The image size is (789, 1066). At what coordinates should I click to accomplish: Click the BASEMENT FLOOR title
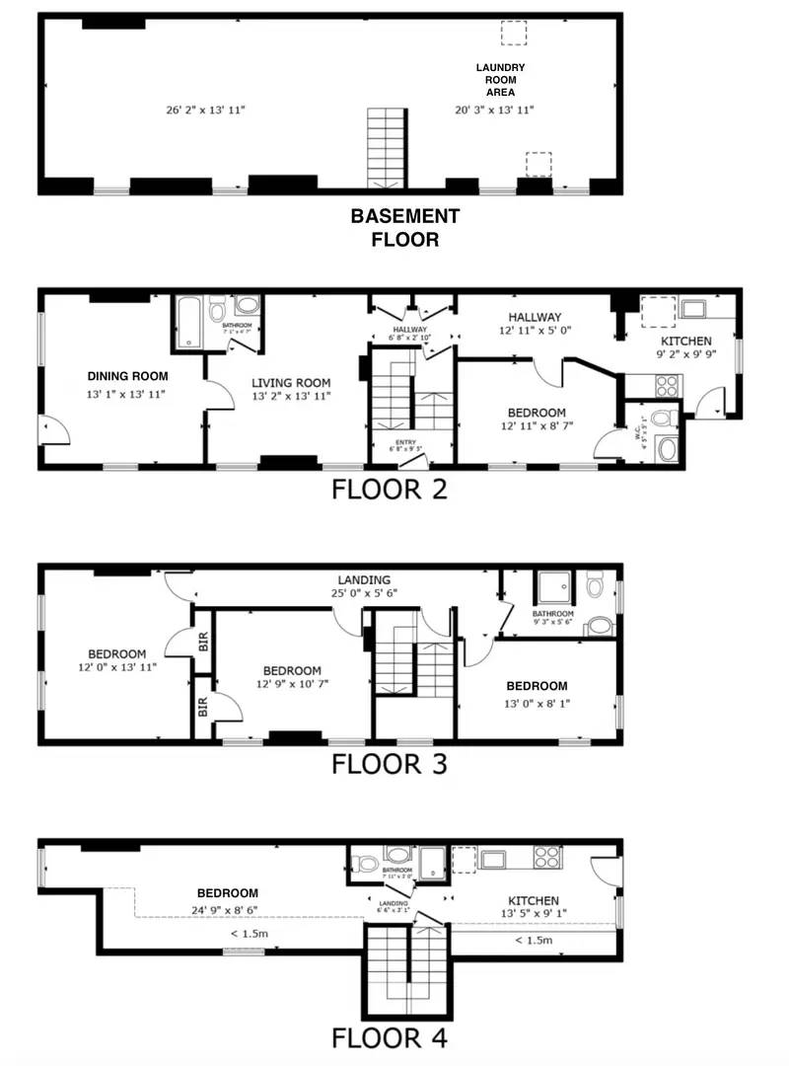pyautogui.click(x=405, y=227)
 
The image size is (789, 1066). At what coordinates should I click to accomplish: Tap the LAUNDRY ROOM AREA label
pyautogui.click(x=500, y=80)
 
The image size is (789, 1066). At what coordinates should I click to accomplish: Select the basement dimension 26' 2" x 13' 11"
pyautogui.click(x=205, y=110)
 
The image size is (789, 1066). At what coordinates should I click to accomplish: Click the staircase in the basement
pyautogui.click(x=386, y=148)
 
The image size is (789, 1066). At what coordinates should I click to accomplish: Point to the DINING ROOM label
pyautogui.click(x=127, y=376)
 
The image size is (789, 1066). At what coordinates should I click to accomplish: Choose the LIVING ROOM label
pyautogui.click(x=290, y=383)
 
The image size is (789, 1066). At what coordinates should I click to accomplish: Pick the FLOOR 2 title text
pyautogui.click(x=389, y=489)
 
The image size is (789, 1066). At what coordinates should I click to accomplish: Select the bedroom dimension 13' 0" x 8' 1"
pyautogui.click(x=537, y=704)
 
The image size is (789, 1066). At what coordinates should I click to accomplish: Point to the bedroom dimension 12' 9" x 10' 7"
pyautogui.click(x=288, y=684)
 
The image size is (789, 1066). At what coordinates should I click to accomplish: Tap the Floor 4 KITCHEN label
pyautogui.click(x=534, y=901)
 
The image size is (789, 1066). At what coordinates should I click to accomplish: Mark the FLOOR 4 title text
pyautogui.click(x=389, y=1037)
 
